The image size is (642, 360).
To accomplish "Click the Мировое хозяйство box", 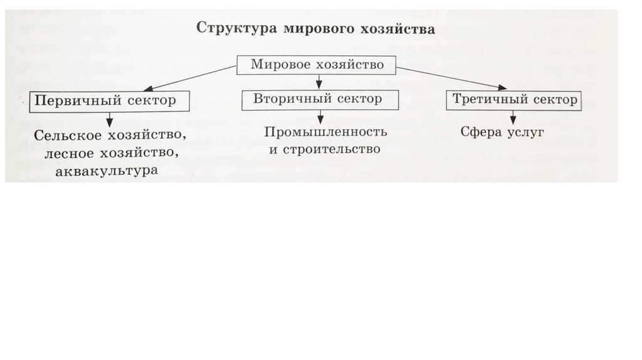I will coord(317,65).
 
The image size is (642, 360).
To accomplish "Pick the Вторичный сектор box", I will coord(318,99).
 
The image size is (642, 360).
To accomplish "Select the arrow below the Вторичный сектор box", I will coord(320,116).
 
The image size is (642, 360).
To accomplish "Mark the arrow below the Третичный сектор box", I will coord(513,117).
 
